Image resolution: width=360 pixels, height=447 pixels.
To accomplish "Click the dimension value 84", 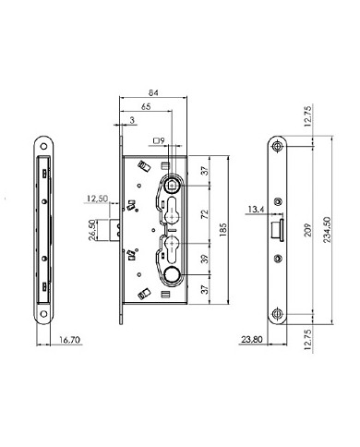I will (x=154, y=91).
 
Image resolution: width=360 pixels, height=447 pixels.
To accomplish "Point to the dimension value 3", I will (x=133, y=121).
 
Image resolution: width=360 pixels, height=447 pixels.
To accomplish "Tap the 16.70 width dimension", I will (x=58, y=340).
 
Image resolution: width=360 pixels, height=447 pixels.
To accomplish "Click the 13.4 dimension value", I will (x=258, y=210).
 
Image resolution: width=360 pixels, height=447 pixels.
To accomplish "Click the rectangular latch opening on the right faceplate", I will (x=277, y=227).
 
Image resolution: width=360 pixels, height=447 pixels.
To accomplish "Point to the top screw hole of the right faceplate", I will (x=278, y=146).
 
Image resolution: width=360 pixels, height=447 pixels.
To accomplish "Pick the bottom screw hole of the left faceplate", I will (x=42, y=311).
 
